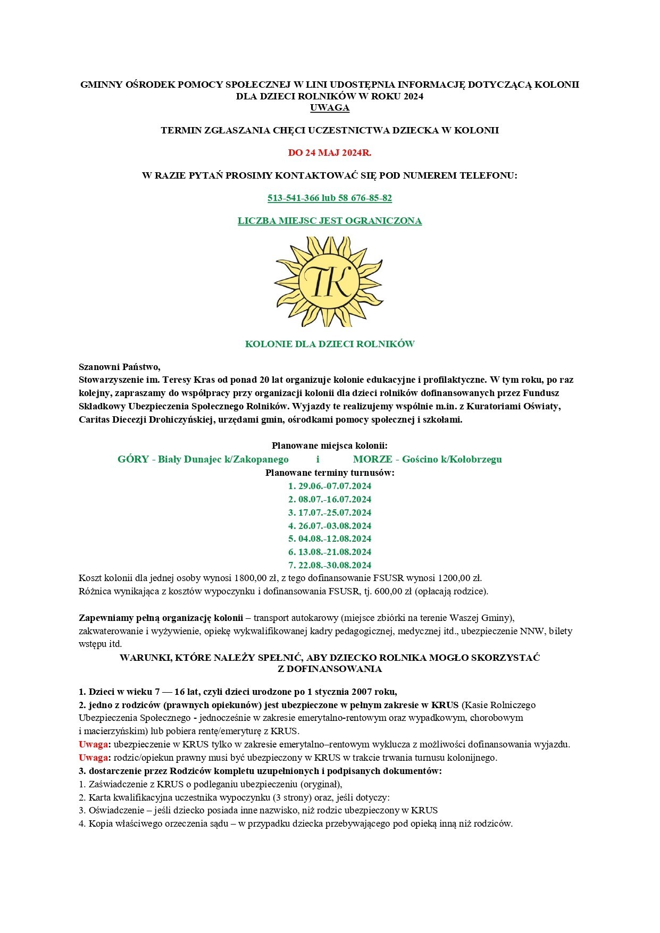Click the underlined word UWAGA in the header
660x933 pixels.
[x=330, y=107]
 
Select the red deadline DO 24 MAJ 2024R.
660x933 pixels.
[x=330, y=153]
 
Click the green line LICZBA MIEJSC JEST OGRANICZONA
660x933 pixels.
[x=330, y=221]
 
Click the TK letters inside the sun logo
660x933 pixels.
[x=328, y=281]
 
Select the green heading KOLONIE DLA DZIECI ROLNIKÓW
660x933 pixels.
[x=330, y=343]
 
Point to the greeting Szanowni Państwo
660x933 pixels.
[x=119, y=366]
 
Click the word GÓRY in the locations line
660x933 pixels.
[x=133, y=459]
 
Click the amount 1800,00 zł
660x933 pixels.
[x=256, y=578]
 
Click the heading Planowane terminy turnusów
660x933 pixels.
[x=330, y=473]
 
